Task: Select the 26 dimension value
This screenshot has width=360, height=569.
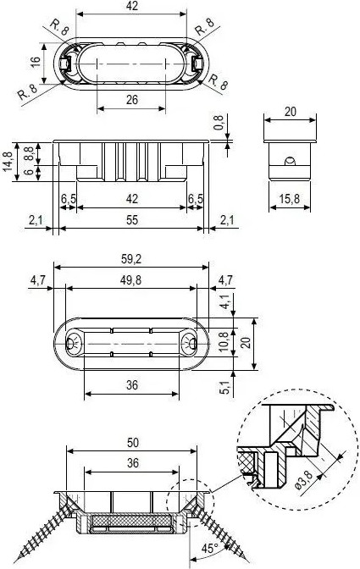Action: pyautogui.click(x=132, y=99)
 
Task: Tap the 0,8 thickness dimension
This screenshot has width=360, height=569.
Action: pyautogui.click(x=218, y=123)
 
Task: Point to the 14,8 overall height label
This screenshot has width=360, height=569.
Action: pyautogui.click(x=8, y=161)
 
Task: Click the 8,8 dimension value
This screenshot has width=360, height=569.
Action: pyautogui.click(x=29, y=152)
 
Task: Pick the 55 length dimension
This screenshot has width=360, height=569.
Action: pyautogui.click(x=132, y=220)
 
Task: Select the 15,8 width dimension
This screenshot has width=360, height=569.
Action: pyautogui.click(x=289, y=198)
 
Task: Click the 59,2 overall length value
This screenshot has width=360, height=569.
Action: pyautogui.click(x=131, y=259)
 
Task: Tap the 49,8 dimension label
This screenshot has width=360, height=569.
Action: pyautogui.click(x=131, y=280)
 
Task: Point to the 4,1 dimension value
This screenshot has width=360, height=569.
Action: pyautogui.click(x=225, y=301)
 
